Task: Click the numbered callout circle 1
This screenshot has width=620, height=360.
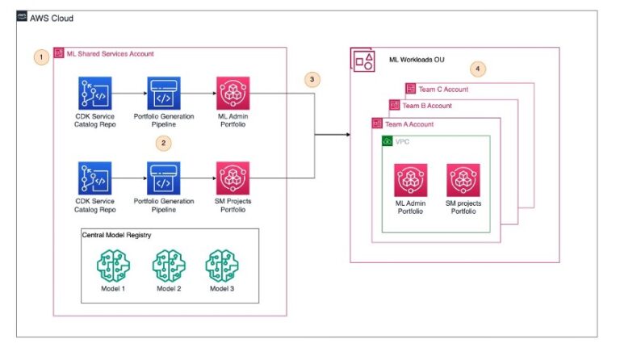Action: coord(40,57)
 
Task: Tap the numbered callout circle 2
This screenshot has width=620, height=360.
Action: coord(165,142)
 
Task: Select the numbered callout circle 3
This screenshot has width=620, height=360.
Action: coord(311,80)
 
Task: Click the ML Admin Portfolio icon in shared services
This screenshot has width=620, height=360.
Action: coord(232,94)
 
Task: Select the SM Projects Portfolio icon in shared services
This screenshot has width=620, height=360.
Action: coord(232,178)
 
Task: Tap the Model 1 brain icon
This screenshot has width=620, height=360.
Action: coord(113,265)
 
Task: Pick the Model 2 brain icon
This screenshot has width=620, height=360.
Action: coord(169,265)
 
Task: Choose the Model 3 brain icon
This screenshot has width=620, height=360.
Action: coord(223,265)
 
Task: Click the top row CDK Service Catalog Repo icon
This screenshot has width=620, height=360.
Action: coord(95,94)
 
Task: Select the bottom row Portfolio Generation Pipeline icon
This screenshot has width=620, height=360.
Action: coord(165,178)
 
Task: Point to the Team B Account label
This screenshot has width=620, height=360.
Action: coord(426,106)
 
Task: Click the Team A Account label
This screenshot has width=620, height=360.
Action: coord(408,123)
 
